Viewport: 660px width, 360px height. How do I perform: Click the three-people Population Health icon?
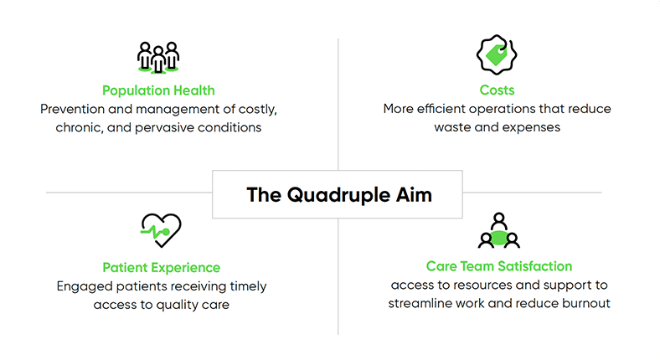coord(158,57)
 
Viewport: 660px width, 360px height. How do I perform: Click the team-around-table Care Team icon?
coord(498,231)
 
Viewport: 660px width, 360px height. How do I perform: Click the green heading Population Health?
coord(158,90)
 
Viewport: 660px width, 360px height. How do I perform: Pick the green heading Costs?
coord(498,90)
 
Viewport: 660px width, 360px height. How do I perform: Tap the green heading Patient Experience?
coord(162,268)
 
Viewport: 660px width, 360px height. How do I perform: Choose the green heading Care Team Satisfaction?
coord(498,266)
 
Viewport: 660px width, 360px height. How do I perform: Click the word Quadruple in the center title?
coord(338,194)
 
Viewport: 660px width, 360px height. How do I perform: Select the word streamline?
coord(423,303)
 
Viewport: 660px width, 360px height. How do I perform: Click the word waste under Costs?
coord(453,128)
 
